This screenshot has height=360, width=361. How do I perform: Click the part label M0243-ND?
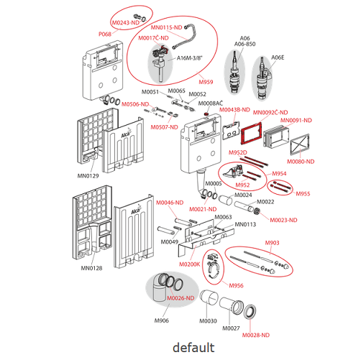coord(126,23)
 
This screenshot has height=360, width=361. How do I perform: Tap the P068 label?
coord(105,34)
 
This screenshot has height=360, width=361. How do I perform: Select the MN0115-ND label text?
coord(166,27)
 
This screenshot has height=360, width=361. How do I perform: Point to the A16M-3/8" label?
coord(190,58)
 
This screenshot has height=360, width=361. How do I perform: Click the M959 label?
coord(206,82)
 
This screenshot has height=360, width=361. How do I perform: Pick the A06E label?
coord(278,57)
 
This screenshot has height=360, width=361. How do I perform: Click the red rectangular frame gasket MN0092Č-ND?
coord(251,134)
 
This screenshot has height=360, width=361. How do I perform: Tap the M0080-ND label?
coord(301,162)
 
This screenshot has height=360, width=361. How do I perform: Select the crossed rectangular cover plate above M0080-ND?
coord(300,145)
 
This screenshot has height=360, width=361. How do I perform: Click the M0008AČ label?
coord(211,103)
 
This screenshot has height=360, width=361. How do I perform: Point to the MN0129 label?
coord(88,176)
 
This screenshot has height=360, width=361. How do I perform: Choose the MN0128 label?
coord(91,268)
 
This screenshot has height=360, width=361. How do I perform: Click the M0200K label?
coord(190,264)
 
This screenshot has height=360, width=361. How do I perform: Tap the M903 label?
coord(272,243)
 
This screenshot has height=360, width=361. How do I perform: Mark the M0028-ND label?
coord(256,335)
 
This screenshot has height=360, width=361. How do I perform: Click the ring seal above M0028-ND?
coord(250,311)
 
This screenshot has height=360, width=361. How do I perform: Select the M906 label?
coord(162,320)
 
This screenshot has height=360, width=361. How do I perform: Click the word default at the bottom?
coord(193,348)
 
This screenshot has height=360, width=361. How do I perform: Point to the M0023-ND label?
coord(283,220)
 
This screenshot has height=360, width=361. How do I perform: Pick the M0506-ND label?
coord(135,104)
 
